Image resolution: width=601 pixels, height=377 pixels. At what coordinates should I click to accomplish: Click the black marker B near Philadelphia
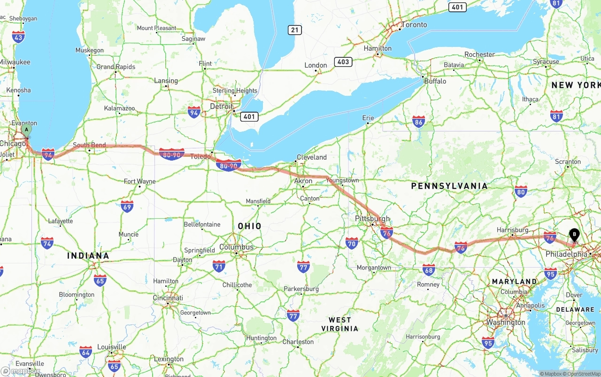pos(574,234)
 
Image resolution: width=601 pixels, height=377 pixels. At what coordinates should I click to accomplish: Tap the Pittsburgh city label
pos(373,219)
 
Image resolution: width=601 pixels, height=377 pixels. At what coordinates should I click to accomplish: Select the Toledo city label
pos(200,156)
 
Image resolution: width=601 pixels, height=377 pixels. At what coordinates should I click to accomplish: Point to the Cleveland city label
pos(312,157)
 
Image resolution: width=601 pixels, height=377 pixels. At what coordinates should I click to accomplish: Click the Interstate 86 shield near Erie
pos(419,122)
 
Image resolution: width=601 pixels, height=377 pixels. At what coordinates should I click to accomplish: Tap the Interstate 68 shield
pos(429,269)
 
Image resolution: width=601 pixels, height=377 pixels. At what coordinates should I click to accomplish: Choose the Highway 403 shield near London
pos(343,62)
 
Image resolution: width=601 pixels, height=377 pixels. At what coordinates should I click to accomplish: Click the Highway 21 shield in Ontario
pos(295,30)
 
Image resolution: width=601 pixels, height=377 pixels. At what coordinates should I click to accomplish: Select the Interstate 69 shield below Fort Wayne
pos(127,206)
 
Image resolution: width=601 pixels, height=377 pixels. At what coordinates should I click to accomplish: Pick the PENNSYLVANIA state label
pos(449,186)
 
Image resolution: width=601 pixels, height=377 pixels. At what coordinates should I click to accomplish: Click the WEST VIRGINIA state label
pos(340,324)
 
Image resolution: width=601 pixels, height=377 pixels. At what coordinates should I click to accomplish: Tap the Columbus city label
pos(236,247)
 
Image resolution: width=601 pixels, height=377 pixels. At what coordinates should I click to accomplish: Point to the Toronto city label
pos(414,24)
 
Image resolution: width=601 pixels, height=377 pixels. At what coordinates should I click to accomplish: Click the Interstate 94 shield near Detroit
pos(194,112)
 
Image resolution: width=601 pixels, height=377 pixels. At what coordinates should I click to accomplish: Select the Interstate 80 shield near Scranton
pos(521,191)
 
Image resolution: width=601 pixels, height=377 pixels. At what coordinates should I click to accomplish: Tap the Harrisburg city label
pos(512,230)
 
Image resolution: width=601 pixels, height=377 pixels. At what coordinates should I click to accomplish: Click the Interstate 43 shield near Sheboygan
pos(18,37)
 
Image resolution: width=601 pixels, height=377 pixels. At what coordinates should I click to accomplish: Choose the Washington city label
pos(506,323)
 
